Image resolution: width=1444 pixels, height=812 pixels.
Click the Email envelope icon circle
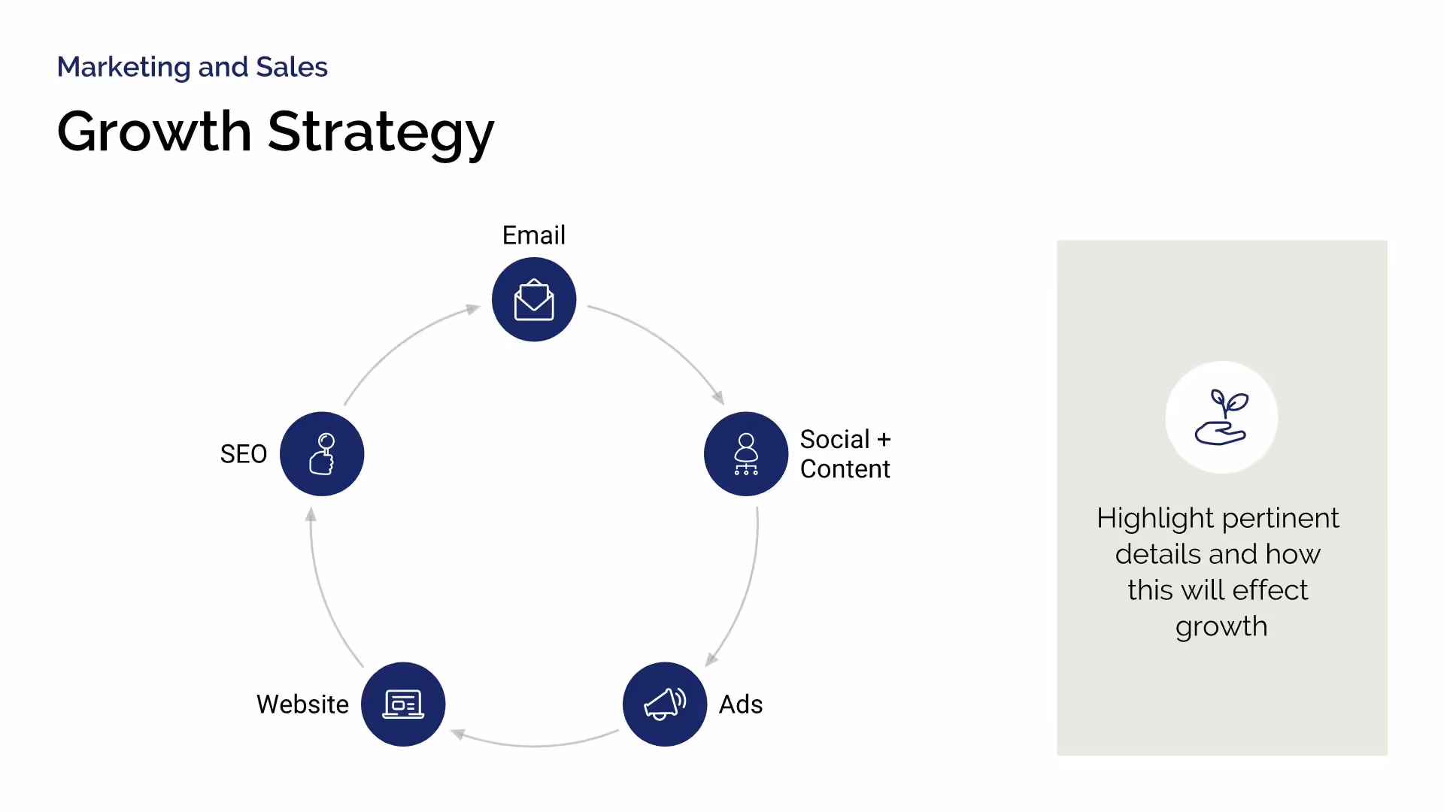click(534, 299)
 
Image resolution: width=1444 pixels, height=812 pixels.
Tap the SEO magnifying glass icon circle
click(322, 453)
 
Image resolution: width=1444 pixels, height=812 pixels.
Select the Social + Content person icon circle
click(746, 453)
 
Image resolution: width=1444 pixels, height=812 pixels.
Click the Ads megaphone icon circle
click(665, 704)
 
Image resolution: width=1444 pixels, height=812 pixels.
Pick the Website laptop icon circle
click(403, 704)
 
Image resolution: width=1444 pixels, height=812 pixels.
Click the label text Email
click(533, 235)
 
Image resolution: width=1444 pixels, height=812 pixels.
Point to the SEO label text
click(243, 454)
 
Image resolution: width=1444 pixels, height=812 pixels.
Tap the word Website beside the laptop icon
click(302, 704)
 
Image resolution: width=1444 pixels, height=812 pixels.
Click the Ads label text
click(741, 704)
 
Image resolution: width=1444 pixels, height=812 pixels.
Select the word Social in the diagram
click(834, 439)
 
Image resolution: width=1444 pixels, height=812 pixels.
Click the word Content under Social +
click(845, 469)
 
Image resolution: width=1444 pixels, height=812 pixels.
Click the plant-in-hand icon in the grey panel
click(1221, 417)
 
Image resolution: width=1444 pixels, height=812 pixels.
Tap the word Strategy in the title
click(381, 132)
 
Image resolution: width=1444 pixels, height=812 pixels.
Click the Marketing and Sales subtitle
click(193, 67)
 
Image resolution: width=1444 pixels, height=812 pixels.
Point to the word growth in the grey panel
click(1221, 627)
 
